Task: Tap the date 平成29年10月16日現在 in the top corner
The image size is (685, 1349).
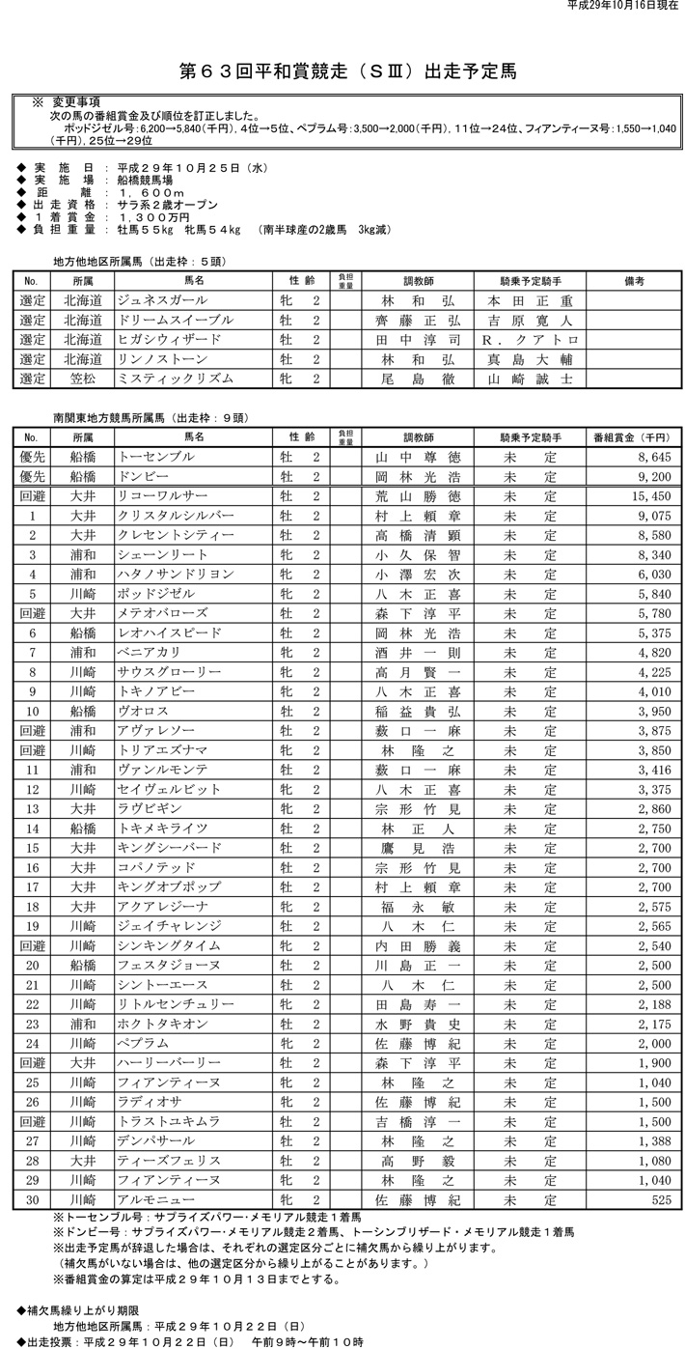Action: coord(622,6)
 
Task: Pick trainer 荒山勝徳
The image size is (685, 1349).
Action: coord(418,496)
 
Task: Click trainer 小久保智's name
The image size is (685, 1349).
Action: coord(418,554)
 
